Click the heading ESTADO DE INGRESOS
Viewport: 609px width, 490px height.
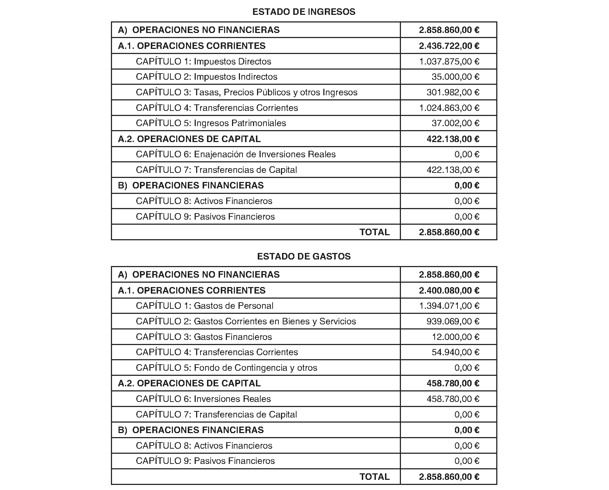(x=304, y=12)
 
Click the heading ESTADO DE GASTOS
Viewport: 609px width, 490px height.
(x=304, y=257)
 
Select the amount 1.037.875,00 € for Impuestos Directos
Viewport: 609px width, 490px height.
(x=449, y=62)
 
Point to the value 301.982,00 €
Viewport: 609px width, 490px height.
(x=453, y=92)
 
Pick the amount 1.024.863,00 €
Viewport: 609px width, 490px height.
(x=449, y=108)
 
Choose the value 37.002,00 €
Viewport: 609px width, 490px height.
(x=455, y=123)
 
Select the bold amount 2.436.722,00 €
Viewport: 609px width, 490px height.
(x=449, y=46)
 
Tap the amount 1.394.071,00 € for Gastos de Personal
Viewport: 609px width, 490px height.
(x=449, y=306)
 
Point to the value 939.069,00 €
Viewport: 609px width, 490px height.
(x=453, y=321)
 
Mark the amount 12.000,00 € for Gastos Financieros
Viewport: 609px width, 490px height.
(x=455, y=337)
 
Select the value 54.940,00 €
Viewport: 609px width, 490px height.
(x=455, y=352)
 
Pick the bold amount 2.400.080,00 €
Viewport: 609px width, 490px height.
(x=449, y=291)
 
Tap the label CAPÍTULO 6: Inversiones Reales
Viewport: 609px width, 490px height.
(x=203, y=399)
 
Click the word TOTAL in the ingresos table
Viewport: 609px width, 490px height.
(x=374, y=232)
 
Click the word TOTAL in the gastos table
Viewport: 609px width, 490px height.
(x=374, y=477)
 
